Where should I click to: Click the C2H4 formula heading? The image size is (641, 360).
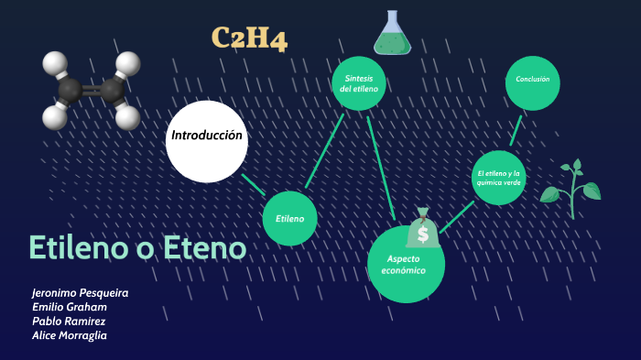pyautogui.click(x=249, y=38)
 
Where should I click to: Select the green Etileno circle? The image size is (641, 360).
pyautogui.click(x=289, y=218)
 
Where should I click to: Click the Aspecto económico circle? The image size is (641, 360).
pyautogui.click(x=406, y=264)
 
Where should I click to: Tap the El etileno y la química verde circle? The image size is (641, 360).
pyautogui.click(x=499, y=177)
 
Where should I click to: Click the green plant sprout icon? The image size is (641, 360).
pyautogui.click(x=571, y=188)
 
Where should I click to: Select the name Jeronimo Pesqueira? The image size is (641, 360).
pyautogui.click(x=80, y=293)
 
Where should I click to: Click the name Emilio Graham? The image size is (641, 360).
pyautogui.click(x=70, y=307)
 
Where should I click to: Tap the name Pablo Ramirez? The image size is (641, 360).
pyautogui.click(x=70, y=322)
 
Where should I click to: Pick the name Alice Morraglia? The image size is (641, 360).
pyautogui.click(x=71, y=335)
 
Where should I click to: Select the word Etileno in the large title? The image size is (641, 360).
pyautogui.click(x=79, y=247)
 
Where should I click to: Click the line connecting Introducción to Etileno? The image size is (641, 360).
pyautogui.click(x=254, y=183)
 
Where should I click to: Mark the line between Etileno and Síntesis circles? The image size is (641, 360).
pyautogui.click(x=324, y=149)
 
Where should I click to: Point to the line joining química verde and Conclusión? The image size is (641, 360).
pyautogui.click(x=516, y=129)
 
